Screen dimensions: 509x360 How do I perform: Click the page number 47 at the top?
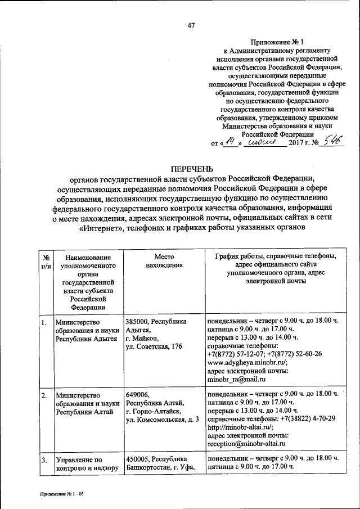click(x=191, y=25)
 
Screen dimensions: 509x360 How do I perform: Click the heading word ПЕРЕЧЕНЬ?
click(x=191, y=169)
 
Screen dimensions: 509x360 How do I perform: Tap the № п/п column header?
click(x=45, y=260)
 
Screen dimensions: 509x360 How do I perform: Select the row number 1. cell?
click(x=43, y=322)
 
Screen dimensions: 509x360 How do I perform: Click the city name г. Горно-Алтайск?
click(x=153, y=412)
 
